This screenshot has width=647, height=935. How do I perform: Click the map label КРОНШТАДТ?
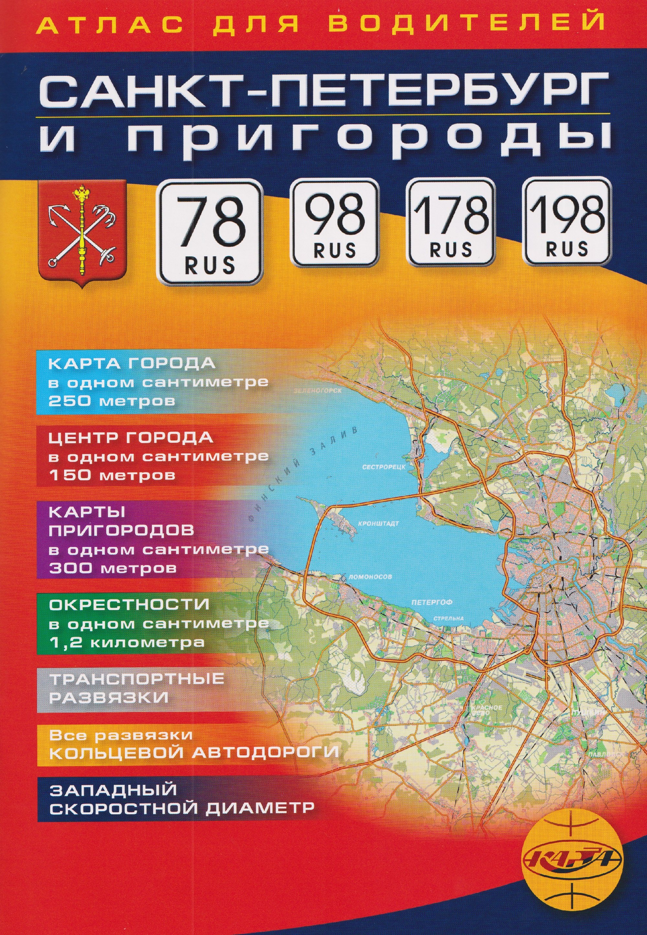coord(378,523)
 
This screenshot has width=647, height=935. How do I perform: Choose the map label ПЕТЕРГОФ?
coord(432,603)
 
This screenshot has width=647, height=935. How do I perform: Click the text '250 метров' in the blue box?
coord(112,401)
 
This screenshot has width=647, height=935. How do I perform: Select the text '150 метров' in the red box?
coord(112,475)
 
